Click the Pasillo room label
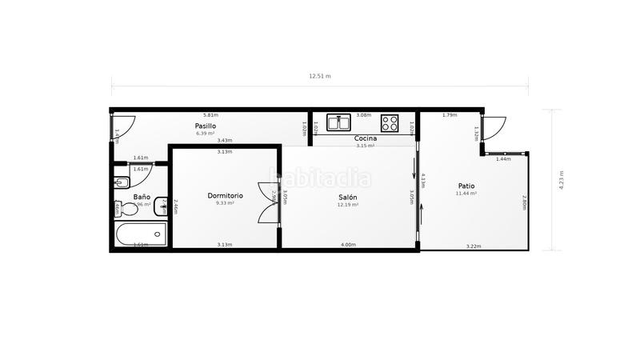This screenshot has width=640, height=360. pos(206,126)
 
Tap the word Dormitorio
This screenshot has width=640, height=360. pos(225,195)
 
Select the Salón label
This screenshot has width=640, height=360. pos(347,197)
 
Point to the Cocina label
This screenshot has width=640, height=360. pos(366,138)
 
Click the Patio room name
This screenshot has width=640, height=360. pos(466,186)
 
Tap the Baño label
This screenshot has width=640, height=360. pos(142,197)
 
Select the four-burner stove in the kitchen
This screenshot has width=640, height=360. pos(390,123)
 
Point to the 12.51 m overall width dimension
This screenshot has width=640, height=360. pos(320,77)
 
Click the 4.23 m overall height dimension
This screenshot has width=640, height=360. pos(561,180)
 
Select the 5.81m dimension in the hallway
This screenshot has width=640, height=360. pos(210,115)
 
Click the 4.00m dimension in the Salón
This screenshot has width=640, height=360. pos(348,245)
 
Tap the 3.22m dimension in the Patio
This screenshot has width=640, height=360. pos(474,246)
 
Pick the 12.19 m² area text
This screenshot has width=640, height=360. pos(347,205)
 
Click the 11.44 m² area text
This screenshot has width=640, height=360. pos(466,194)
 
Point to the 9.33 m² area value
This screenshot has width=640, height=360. pos(225,203)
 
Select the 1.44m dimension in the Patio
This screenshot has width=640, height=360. pos(503,159)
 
